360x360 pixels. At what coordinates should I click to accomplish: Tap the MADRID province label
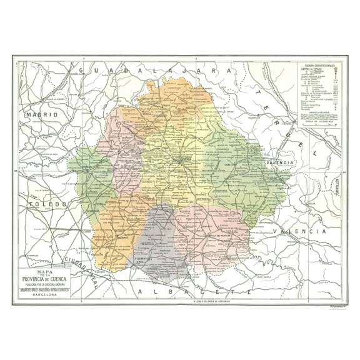[x=42, y=115]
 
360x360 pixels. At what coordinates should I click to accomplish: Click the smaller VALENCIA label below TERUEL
[x=279, y=162]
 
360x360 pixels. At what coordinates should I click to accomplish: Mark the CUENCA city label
[x=186, y=158]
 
